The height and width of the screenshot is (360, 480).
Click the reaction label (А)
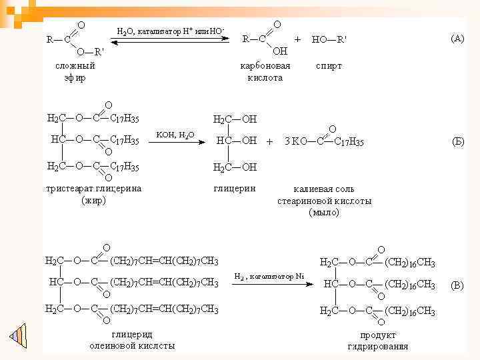(457, 39)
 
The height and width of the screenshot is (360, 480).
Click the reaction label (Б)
(458, 141)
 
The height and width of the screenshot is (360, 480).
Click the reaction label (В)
(457, 285)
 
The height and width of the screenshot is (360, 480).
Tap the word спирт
(328, 66)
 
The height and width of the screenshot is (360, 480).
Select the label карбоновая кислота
(265, 72)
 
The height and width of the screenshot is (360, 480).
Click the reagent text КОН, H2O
(175, 135)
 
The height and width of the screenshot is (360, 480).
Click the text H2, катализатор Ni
(269, 276)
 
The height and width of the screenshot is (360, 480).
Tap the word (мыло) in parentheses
(325, 213)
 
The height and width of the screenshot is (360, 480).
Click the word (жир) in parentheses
(93, 200)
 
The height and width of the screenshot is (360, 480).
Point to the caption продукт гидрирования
(378, 341)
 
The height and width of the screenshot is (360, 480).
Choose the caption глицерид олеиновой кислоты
(132, 340)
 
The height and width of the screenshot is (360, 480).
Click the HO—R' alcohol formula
(329, 39)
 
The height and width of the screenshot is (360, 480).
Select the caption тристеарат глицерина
(93, 188)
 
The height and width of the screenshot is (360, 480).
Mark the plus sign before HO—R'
(297, 39)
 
